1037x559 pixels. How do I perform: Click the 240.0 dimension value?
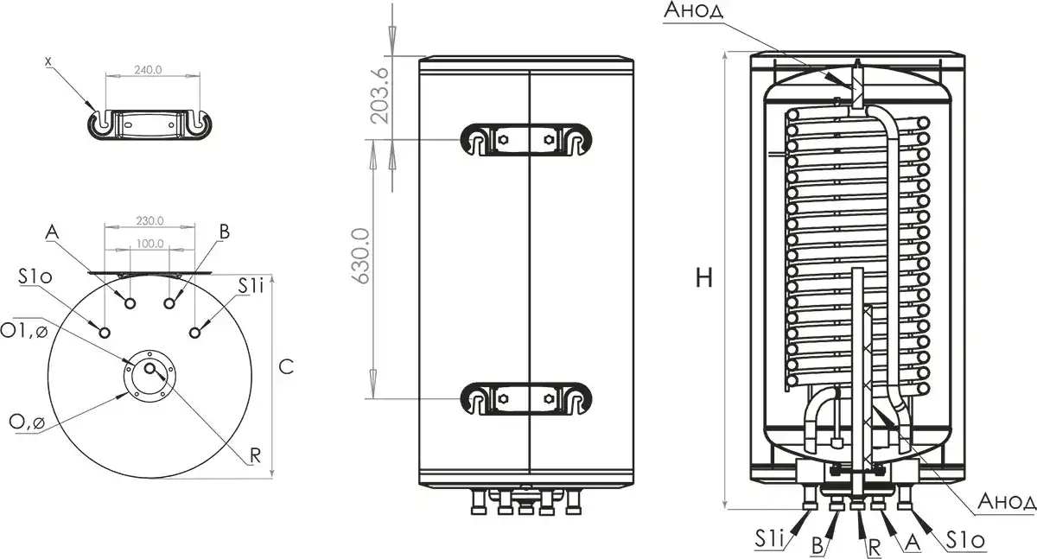tap(149, 70)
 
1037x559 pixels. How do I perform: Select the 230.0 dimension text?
tap(149, 220)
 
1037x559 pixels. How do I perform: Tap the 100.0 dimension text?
tap(149, 244)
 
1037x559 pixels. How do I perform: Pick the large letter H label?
tap(704, 277)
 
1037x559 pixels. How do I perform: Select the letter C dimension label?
tap(287, 366)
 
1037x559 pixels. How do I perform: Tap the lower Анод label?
tap(1006, 503)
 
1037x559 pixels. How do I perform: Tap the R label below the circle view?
tap(255, 456)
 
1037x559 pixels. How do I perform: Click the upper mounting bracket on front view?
tap(526, 139)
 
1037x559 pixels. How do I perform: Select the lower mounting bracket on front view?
tap(526, 398)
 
